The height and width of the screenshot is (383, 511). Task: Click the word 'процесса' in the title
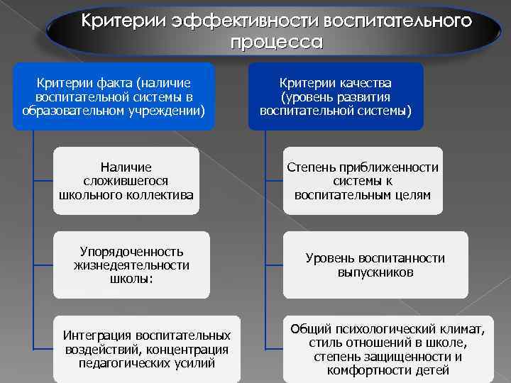click(275, 42)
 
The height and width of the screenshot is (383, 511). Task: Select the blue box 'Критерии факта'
click(114, 97)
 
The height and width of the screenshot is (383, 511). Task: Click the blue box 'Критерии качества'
click(336, 97)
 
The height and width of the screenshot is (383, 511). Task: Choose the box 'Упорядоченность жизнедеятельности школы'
click(131, 265)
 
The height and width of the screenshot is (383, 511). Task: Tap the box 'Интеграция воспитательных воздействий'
click(146, 348)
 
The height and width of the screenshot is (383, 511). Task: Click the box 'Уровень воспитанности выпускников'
click(375, 265)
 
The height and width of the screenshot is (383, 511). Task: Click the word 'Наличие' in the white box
click(126, 167)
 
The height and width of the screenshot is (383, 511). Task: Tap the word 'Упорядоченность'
click(131, 251)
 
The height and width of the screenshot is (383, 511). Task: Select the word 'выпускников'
click(375, 272)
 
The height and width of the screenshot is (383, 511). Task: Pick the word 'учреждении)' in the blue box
click(169, 111)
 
